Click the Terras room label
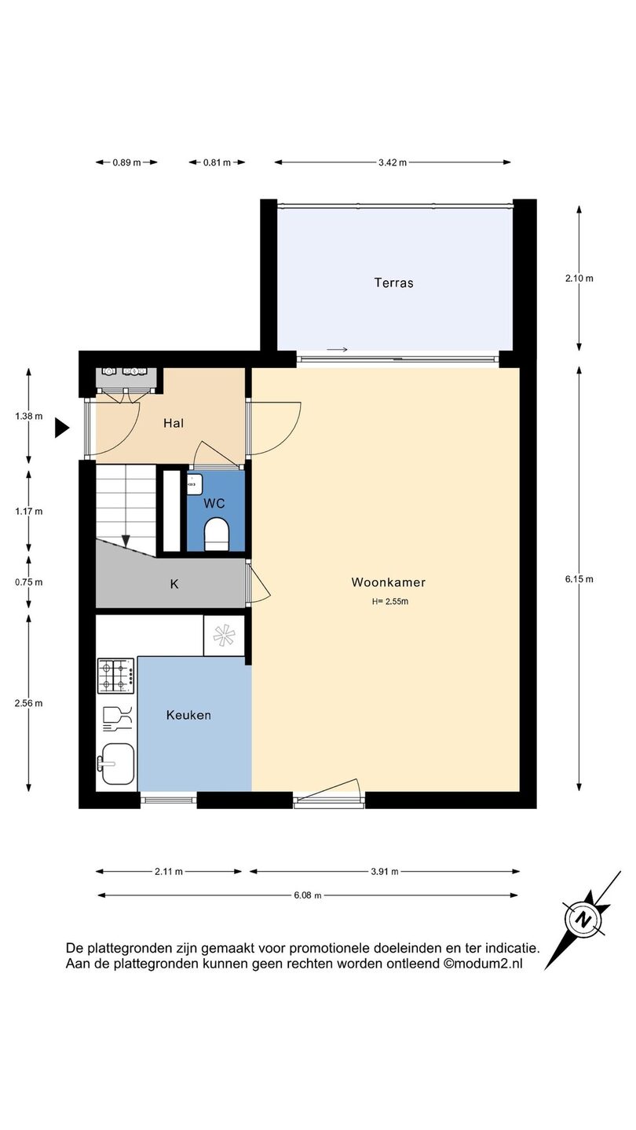[x=393, y=282]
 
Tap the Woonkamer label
[x=389, y=582]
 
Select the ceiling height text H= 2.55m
[x=390, y=601]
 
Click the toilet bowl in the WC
[x=217, y=534]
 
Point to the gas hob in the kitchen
[x=116, y=676]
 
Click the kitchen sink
[x=116, y=764]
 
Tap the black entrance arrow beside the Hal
[x=62, y=428]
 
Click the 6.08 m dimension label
[x=308, y=895]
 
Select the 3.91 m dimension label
[x=385, y=871]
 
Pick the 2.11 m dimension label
[x=169, y=871]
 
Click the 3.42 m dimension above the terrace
[x=393, y=162]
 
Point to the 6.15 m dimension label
[x=579, y=579]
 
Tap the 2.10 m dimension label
[x=579, y=278]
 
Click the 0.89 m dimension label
[x=126, y=162]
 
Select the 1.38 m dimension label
[x=29, y=416]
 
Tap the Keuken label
[x=188, y=715]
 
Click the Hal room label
[x=174, y=423]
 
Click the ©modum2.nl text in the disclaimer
[x=483, y=964]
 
